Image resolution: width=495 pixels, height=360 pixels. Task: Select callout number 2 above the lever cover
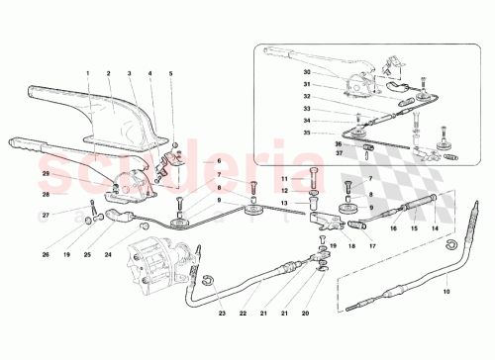108,73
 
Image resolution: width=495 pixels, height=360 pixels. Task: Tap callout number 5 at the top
170,73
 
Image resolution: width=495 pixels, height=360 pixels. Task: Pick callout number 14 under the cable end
433,227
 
